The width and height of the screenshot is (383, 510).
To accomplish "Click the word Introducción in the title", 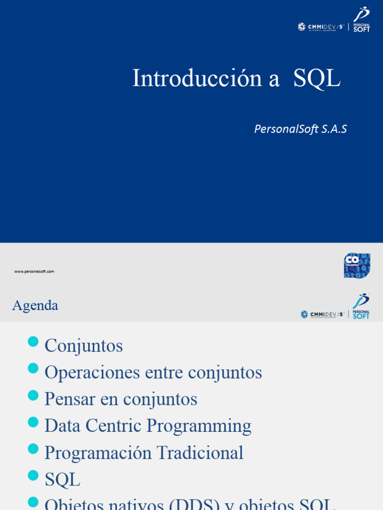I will [196, 78].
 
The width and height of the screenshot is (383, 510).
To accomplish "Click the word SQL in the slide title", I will [317, 78].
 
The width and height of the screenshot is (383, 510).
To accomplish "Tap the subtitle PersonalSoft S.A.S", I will [300, 129].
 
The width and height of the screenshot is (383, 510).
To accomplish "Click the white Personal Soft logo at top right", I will [362, 20].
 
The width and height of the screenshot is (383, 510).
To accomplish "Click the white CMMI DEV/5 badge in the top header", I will [321, 27].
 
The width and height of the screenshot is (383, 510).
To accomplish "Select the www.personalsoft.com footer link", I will [34, 271].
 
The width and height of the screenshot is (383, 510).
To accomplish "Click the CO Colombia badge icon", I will [357, 265].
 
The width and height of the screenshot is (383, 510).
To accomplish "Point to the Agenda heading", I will [35, 305].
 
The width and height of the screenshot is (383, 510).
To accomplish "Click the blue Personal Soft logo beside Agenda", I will [361, 306].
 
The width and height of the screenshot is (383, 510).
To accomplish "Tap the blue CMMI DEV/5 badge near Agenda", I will [323, 314].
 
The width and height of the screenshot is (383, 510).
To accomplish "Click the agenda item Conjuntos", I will [83, 346].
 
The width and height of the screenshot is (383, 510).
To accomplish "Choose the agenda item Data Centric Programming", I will [148, 426].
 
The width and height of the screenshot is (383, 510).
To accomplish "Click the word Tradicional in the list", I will [199, 453].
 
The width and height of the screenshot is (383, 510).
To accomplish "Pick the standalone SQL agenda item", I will [62, 480].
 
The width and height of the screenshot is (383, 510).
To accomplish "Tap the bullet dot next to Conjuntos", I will [33, 342].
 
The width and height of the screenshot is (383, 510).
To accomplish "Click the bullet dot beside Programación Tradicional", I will [33, 449].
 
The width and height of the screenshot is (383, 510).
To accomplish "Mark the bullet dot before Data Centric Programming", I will [33, 422].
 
